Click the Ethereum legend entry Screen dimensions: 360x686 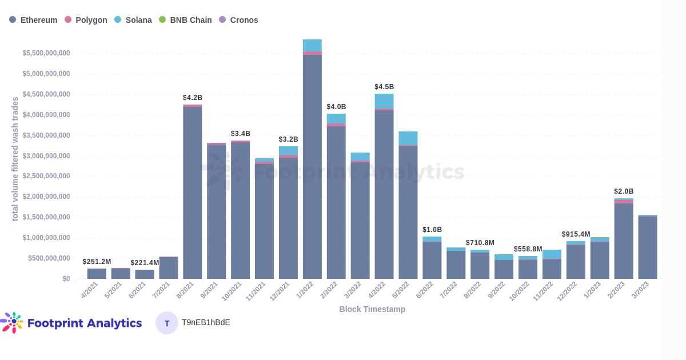point(33,20)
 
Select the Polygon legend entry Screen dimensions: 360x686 point(86,20)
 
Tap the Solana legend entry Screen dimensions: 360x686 point(133,20)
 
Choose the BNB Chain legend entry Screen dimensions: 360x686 point(185,20)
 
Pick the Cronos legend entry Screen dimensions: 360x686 point(238,20)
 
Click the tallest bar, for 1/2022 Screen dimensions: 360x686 point(312,166)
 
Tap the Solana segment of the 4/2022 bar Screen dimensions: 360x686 point(384,101)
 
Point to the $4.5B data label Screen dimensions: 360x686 point(384,87)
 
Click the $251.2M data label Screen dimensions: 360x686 point(97,262)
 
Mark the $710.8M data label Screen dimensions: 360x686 point(480,243)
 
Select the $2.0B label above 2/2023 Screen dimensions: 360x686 point(624,191)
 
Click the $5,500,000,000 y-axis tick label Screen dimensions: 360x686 point(46,53)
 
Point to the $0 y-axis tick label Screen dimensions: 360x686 point(66,279)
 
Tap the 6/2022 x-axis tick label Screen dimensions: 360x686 point(425,290)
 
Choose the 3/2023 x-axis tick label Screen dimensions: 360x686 point(640,290)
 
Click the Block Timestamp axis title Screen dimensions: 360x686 point(372,309)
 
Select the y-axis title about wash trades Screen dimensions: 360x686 point(15,159)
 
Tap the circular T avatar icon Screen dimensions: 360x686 point(167,323)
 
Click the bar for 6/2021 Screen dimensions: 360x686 point(145,274)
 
